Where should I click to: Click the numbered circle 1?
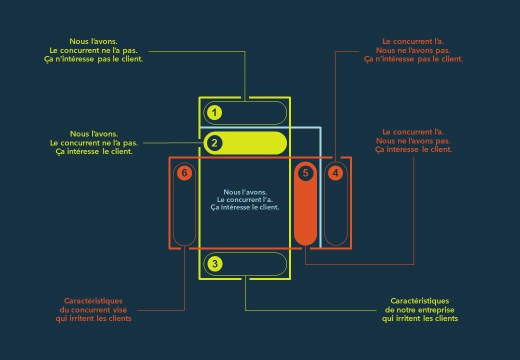[214, 112]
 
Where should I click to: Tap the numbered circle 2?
[214, 143]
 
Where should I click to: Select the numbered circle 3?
[214, 263]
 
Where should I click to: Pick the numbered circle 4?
[335, 173]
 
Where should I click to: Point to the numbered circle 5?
[305, 173]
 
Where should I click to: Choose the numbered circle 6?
[184, 173]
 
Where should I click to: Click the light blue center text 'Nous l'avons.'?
[245, 192]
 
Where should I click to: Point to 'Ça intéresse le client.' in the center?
[245, 207]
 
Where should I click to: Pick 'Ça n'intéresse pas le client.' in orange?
[413, 59]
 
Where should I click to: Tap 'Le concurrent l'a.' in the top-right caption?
[413, 41]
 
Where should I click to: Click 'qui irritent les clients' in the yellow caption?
[420, 318]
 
